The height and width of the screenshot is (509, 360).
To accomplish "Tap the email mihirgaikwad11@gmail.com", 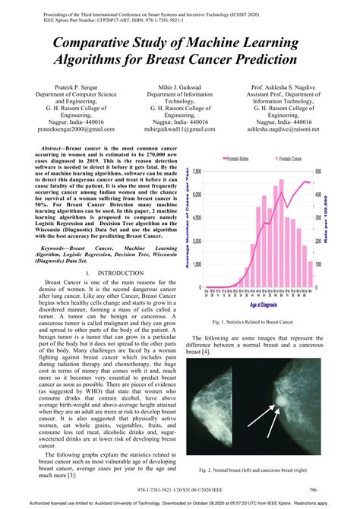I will tap(180, 129).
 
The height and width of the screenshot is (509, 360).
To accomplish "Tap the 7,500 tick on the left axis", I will tap(197, 172).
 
